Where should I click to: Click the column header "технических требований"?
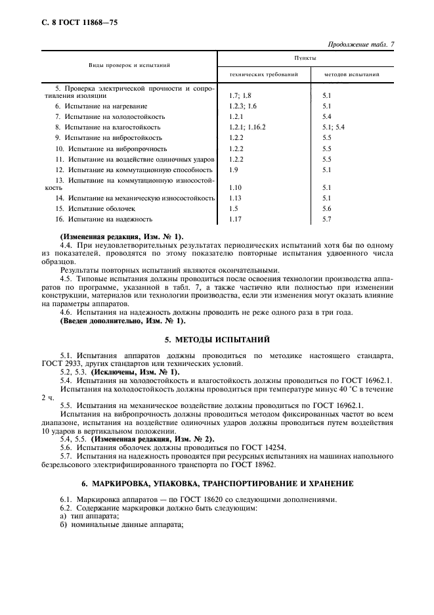(x=263, y=74)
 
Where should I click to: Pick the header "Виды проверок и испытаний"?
(x=130, y=66)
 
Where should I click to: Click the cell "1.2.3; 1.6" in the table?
(x=243, y=106)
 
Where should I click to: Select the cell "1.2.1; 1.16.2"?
(x=248, y=126)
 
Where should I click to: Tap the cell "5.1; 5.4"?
(x=334, y=126)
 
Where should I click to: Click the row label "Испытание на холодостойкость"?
(x=110, y=116)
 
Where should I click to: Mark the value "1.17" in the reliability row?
(x=235, y=219)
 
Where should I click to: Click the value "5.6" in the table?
(x=328, y=208)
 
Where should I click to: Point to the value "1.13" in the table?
(x=235, y=198)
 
